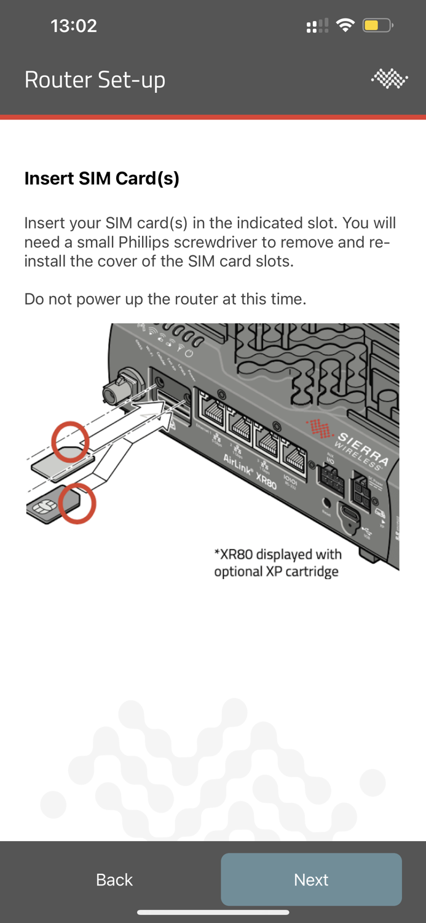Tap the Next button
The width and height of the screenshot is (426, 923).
click(x=311, y=879)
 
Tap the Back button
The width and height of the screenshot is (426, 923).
click(x=114, y=880)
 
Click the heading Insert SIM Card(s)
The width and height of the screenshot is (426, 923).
click(x=102, y=178)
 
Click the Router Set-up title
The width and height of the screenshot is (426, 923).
click(x=95, y=80)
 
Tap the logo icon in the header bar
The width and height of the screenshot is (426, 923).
click(x=389, y=79)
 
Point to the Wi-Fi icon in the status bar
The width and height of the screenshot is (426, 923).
click(x=345, y=26)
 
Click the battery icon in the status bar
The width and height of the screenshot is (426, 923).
click(x=377, y=26)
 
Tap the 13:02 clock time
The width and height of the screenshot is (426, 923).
click(x=74, y=26)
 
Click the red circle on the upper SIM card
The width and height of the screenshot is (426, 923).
click(x=70, y=441)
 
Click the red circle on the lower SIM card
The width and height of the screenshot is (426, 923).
click(x=78, y=503)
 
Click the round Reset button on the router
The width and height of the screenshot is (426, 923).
click(x=326, y=502)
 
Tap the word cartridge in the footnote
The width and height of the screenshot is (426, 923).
click(x=310, y=572)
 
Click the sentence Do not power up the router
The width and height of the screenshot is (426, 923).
click(x=165, y=300)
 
